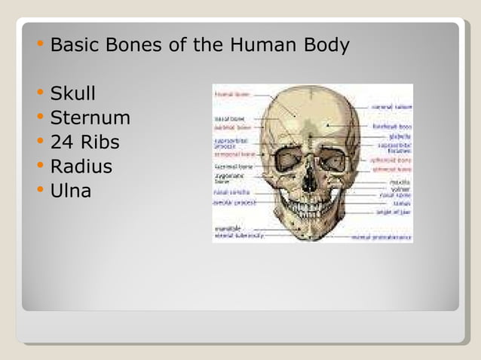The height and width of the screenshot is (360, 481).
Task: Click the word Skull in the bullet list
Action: [x=72, y=95]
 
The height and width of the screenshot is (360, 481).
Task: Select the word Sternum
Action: [x=90, y=118]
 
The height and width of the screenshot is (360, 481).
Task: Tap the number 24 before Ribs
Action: [x=60, y=142]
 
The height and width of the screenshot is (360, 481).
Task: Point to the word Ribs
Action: [x=97, y=142]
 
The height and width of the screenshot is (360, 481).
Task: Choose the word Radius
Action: [x=81, y=166]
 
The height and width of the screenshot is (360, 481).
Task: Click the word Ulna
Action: [x=70, y=191]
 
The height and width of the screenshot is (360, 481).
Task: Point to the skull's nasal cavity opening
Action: [x=310, y=181]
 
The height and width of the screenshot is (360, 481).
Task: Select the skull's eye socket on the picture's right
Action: [x=332, y=160]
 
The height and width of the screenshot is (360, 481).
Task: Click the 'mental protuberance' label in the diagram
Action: [x=382, y=236]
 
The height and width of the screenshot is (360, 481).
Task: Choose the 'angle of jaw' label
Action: [x=394, y=212]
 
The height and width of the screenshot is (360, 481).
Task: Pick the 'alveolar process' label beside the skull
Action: [x=234, y=203]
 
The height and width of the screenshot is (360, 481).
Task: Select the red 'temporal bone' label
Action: [x=234, y=154]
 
